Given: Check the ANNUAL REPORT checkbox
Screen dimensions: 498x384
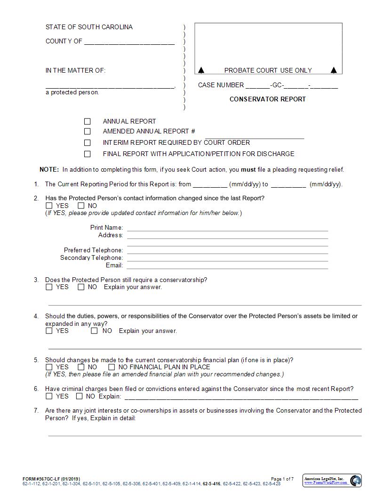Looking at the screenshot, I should pos(87,121).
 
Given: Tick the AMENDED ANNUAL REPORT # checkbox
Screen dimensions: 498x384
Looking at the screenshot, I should pos(87,132).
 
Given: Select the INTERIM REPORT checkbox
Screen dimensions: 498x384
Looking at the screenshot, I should pos(87,142).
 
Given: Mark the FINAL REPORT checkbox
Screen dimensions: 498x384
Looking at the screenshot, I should pos(87,154).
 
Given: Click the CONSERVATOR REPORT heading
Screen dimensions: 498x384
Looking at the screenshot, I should pos(267,99).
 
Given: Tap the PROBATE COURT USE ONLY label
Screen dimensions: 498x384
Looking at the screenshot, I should pos(268,70).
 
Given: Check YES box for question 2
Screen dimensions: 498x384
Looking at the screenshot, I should pos(49,206).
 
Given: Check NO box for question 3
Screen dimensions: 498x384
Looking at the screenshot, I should pos(81,287).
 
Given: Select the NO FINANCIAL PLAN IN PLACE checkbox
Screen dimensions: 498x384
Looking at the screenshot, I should pos(112,367).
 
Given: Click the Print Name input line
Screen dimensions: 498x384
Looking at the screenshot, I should pos(227,228).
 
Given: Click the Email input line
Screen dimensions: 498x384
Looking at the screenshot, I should pos(227,266).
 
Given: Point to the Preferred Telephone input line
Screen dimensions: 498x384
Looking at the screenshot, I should pos(227,251).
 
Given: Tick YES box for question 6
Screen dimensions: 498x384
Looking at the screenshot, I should pos(49,396).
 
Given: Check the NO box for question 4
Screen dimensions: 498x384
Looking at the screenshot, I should pos(94,331).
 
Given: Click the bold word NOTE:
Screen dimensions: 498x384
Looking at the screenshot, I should pos(49,170).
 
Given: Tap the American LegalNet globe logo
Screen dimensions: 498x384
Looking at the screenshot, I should pos(355,481).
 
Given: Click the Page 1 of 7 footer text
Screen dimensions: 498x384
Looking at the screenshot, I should pos(282,479).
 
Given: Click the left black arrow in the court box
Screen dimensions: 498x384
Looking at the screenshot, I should pos(201,70).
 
